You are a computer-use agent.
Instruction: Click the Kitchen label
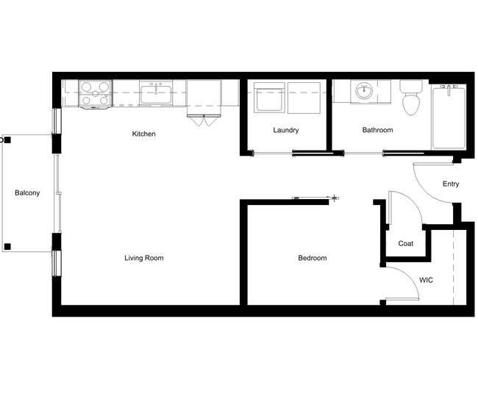143,134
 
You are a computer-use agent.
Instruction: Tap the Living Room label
143,258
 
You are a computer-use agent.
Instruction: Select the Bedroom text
312,258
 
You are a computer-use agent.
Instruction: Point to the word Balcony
27,193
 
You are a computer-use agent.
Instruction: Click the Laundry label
285,131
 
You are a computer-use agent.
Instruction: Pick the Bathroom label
377,131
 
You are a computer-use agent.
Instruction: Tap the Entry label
450,184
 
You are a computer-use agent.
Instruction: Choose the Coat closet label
405,244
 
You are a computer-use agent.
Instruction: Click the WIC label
426,281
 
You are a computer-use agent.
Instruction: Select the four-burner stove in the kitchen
94,94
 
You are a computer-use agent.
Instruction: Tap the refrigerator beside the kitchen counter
204,95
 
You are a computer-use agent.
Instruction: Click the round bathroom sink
364,93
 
